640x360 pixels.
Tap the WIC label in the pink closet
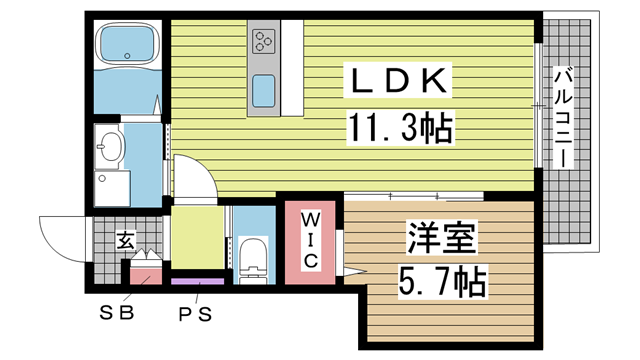pyautogui.click(x=310, y=239)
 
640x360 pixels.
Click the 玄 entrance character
pyautogui.click(x=126, y=240)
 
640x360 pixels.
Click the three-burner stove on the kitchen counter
pyautogui.click(x=265, y=40)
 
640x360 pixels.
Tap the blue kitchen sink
pyautogui.click(x=265, y=92)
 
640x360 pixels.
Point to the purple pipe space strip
pyautogui.click(x=197, y=282)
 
